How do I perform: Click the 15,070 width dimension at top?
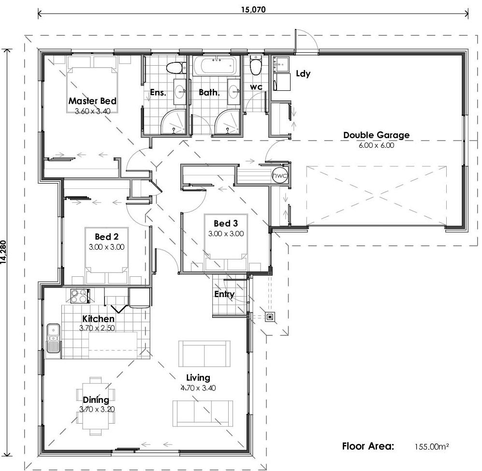click(252, 9)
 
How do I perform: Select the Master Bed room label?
click(92, 101)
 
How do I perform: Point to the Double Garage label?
click(376, 135)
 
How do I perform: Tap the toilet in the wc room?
click(256, 64)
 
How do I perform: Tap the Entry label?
click(224, 294)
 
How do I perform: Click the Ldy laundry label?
click(303, 74)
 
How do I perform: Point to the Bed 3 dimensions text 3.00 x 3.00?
click(226, 233)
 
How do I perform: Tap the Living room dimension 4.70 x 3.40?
click(198, 387)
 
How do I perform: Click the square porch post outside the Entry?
click(270, 317)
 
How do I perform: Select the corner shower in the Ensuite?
click(173, 121)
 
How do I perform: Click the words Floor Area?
click(368, 446)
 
